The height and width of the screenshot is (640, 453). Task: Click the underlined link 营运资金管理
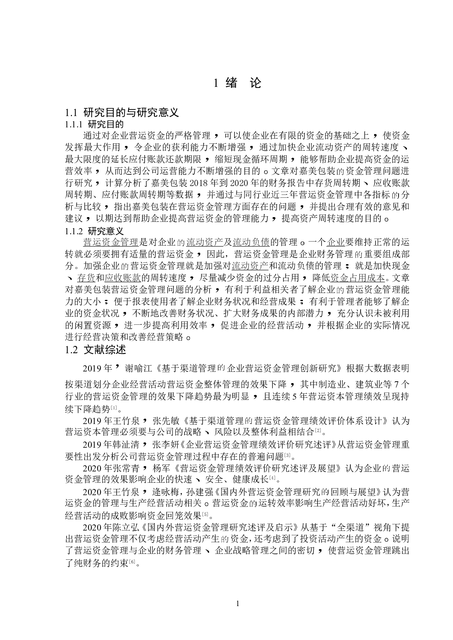111,242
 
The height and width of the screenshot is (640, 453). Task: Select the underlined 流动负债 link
251,242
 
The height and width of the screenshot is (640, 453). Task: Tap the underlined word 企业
335,242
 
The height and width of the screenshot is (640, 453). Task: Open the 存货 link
86,278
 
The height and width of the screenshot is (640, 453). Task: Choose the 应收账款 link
123,278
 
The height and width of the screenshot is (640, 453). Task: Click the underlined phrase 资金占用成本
357,278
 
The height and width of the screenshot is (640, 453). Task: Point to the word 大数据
378,368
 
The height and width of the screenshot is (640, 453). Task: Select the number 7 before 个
396,385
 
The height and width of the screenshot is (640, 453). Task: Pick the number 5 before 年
294,397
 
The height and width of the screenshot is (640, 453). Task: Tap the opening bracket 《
186,421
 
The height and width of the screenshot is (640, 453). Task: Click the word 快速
183,479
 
